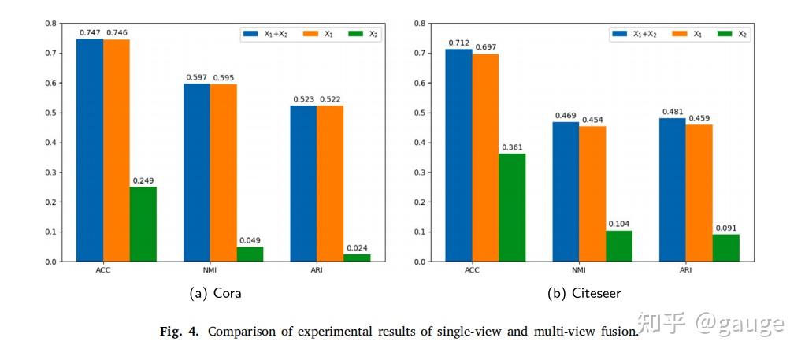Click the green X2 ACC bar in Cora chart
pos(143,224)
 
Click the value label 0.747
pos(90,33)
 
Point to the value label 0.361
pos(512,147)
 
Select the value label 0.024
pos(357,248)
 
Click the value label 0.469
pos(566,116)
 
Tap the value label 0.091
pos(726,228)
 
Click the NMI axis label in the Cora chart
pos(210,271)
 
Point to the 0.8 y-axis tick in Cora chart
pos(50,24)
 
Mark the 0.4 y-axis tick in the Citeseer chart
pos(420,143)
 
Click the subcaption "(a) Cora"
pos(215,294)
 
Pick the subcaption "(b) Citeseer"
pos(584,294)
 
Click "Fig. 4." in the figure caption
pos(180,332)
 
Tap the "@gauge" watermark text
pos(740,323)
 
